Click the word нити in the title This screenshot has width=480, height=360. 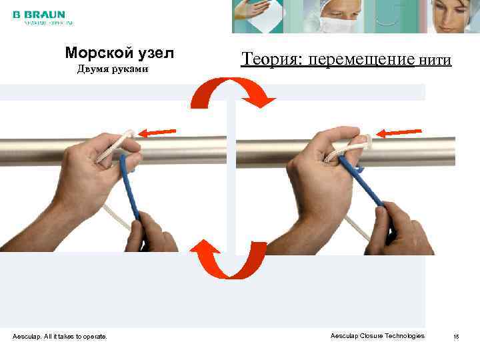(x=435, y=61)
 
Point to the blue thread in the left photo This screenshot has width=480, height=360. (x=131, y=190)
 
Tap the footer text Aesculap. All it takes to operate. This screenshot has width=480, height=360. (x=59, y=337)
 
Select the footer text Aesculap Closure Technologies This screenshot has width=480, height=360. (x=377, y=336)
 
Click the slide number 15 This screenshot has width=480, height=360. (x=456, y=337)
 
